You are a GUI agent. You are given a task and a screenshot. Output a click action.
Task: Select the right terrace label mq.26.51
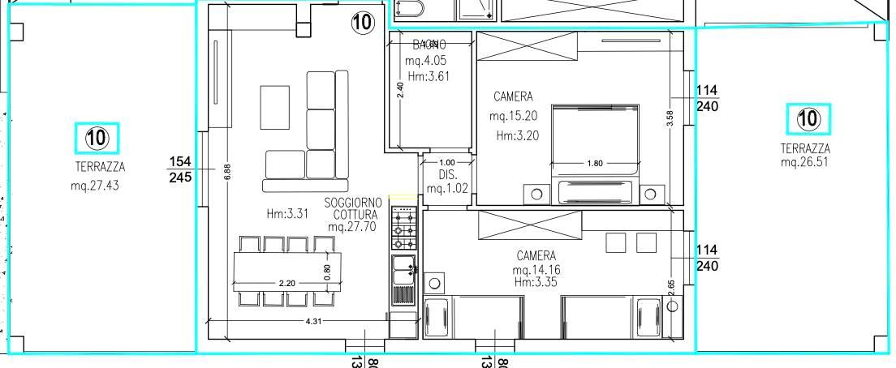pyautogui.click(x=805, y=162)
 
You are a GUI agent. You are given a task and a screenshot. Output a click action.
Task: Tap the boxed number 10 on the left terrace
pyautogui.click(x=97, y=139)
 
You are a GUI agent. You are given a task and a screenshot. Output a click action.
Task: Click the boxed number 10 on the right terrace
pyautogui.click(x=808, y=120)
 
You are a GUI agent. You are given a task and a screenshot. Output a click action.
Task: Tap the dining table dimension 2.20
pyautogui.click(x=286, y=284)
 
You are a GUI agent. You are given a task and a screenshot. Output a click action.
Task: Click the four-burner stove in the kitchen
pyautogui.click(x=404, y=229)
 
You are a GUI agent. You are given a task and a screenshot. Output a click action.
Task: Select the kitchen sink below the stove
pyautogui.click(x=403, y=270)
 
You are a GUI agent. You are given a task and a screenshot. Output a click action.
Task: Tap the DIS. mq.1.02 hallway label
pyautogui.click(x=448, y=183)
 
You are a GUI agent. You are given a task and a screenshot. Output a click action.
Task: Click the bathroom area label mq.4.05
pyautogui.click(x=425, y=61)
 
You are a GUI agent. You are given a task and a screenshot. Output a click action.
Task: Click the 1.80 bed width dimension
pyautogui.click(x=594, y=163)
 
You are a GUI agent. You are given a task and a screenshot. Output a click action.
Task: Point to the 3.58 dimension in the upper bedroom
pyautogui.click(x=670, y=118)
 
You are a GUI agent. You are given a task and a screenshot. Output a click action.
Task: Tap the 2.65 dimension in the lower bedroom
pyautogui.click(x=670, y=288)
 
